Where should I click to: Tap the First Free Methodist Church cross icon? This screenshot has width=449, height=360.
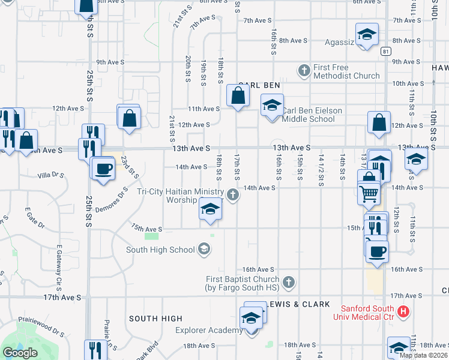304,71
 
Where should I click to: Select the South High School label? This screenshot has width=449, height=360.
160,250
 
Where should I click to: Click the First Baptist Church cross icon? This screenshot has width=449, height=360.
289,281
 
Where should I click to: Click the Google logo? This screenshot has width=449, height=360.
20,352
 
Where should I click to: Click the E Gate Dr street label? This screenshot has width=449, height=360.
35,218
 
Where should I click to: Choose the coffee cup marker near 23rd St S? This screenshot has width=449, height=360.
104,168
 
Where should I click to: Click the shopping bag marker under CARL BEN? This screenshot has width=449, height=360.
238,95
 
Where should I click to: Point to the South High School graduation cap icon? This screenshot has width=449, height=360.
204,249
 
